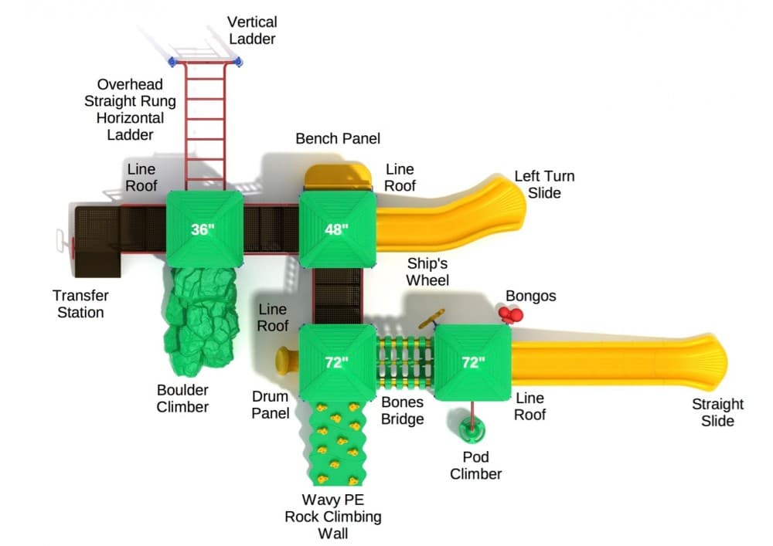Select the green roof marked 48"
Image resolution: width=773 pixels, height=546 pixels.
click(x=336, y=229)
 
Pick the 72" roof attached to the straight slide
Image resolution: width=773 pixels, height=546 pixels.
click(x=472, y=362)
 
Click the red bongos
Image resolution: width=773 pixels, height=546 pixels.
click(x=511, y=314)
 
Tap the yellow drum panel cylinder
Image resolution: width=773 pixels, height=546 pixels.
click(x=286, y=359)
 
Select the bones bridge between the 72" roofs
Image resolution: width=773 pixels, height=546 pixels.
click(x=404, y=361)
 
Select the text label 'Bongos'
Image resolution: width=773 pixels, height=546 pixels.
click(x=530, y=297)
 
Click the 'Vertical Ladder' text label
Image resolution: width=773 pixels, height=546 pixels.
click(x=252, y=30)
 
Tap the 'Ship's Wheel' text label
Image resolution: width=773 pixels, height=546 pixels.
click(x=427, y=271)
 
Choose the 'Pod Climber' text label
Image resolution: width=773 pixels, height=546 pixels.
click(x=475, y=465)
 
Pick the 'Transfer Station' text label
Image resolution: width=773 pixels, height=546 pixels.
click(x=80, y=304)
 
